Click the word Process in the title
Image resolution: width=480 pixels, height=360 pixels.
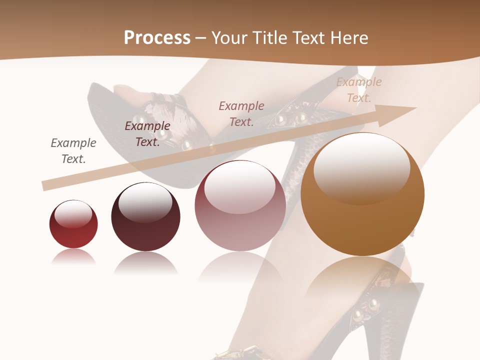157,38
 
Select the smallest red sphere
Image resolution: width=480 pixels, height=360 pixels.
73,224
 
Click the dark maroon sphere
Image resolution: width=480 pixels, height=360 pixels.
145,217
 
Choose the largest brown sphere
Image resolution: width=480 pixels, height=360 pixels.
362,195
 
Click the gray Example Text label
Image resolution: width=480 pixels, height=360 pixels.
73,150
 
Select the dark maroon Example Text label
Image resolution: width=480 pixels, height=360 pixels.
147,133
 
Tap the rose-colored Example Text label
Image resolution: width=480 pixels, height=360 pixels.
241,113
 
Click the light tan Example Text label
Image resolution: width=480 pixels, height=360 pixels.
358,89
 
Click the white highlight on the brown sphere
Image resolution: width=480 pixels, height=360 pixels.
361,167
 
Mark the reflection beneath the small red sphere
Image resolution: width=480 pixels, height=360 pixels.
73,257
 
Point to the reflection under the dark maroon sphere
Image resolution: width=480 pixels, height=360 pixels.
145,263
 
